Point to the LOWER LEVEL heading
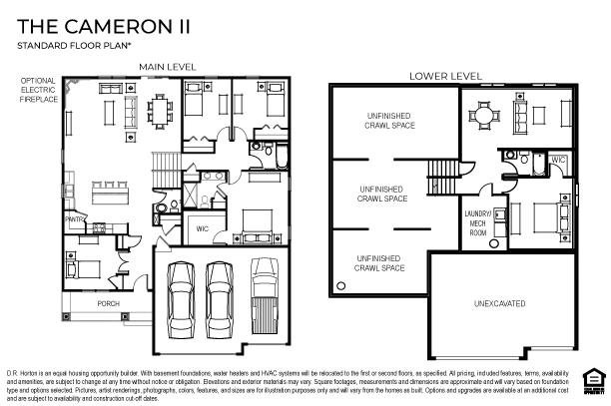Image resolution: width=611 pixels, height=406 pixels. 446,76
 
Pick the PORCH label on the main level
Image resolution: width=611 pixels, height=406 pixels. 108,302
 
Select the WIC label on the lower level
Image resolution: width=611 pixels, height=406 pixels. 558,160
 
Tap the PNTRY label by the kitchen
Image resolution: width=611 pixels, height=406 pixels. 73,216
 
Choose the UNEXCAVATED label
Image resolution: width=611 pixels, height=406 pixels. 500,303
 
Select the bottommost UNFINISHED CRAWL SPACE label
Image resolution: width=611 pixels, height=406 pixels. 379,262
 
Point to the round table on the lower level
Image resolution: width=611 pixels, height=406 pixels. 485,115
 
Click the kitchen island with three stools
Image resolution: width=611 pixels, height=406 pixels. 103,188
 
